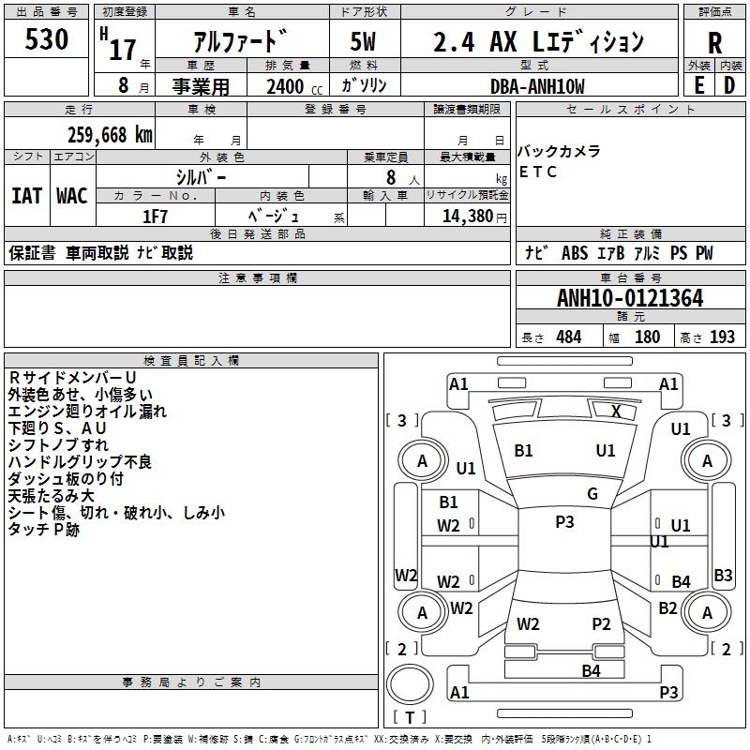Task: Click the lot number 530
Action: click(x=47, y=40)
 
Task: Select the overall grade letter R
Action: click(x=715, y=42)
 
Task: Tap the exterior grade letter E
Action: click(x=697, y=84)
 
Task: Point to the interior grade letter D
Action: click(x=729, y=84)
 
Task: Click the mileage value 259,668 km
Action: click(x=109, y=134)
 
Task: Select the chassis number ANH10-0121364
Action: click(x=630, y=298)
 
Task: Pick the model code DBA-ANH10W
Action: click(x=537, y=86)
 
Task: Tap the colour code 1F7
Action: click(x=155, y=216)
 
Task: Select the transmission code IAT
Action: click(x=26, y=195)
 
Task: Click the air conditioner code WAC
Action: click(x=71, y=195)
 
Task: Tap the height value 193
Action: click(x=722, y=337)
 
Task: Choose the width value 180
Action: click(x=647, y=337)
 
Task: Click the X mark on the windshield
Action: click(x=616, y=411)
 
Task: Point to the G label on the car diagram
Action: click(x=592, y=494)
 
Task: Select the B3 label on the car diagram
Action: click(x=723, y=575)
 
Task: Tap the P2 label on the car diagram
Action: click(x=601, y=623)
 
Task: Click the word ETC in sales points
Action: click(x=538, y=172)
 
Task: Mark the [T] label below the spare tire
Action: click(x=409, y=718)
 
